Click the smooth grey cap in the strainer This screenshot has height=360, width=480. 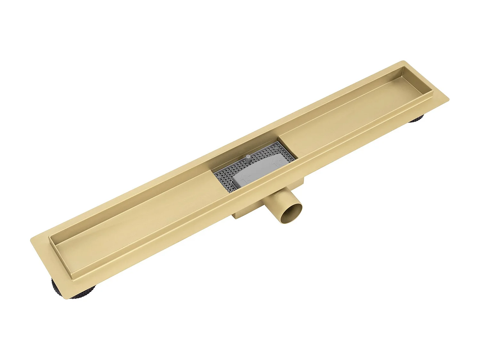[259, 171]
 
